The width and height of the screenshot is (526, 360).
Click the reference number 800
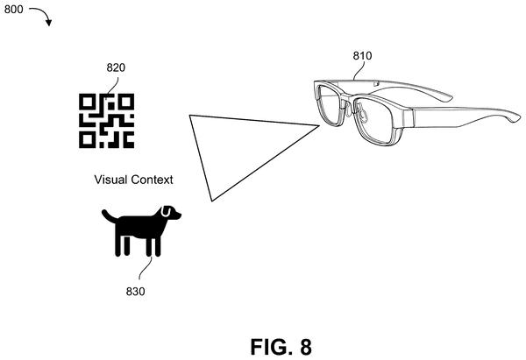[x=14, y=10]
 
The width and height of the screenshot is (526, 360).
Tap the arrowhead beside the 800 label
[x=49, y=23]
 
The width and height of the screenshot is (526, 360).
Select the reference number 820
[x=116, y=67]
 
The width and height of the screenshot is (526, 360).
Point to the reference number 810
[x=362, y=56]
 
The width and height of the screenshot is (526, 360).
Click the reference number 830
[x=136, y=292]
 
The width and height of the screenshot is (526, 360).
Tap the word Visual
[x=110, y=180]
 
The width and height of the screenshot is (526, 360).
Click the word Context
[x=152, y=180]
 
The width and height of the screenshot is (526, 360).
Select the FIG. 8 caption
[x=281, y=347]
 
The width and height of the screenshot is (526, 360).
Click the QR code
[x=107, y=121]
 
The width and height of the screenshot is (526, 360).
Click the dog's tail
[x=110, y=216]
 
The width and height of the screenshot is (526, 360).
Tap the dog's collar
[x=166, y=212]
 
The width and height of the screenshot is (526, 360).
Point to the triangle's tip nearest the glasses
[x=319, y=126]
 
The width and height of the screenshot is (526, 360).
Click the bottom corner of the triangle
[x=212, y=201]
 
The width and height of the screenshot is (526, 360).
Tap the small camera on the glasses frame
[x=376, y=83]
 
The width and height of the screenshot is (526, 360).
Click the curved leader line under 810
[x=359, y=71]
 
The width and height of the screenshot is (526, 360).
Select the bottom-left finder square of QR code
[x=87, y=140]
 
